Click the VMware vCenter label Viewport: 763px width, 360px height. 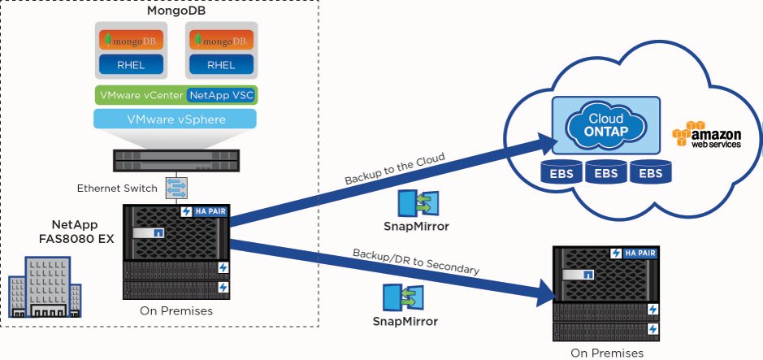(141, 95)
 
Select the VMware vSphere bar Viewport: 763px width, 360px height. (176, 119)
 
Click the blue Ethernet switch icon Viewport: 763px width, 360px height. (176, 189)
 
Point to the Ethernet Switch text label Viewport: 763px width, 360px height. (118, 189)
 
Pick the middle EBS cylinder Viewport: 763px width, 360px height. (606, 175)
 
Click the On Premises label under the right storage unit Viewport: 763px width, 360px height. (606, 353)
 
